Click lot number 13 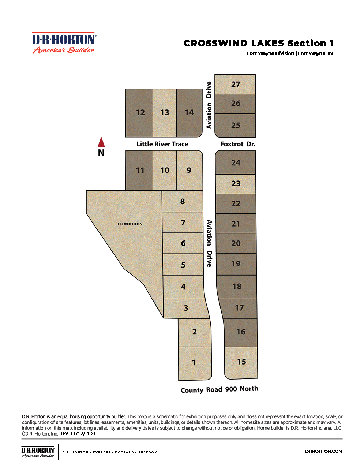[165, 112]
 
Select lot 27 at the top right [236, 84]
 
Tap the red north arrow [101, 142]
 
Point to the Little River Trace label [162, 144]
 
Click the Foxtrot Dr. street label [237, 144]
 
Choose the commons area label [130, 224]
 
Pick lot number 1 [194, 363]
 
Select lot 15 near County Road [241, 362]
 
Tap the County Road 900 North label [219, 389]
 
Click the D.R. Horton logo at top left [64, 43]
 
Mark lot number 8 [183, 201]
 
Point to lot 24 [236, 163]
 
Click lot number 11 [140, 170]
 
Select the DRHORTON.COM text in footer [324, 451]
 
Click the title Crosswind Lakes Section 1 [259, 44]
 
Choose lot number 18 [237, 286]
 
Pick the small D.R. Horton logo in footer [38, 452]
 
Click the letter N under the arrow [101, 153]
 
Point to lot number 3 [186, 308]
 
